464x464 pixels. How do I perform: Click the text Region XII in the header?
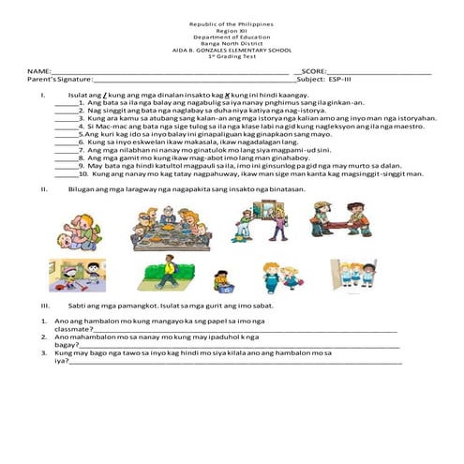(x=232, y=30)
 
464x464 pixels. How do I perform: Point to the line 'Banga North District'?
(x=232, y=43)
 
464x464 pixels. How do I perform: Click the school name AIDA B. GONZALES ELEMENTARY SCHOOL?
(x=232, y=50)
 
